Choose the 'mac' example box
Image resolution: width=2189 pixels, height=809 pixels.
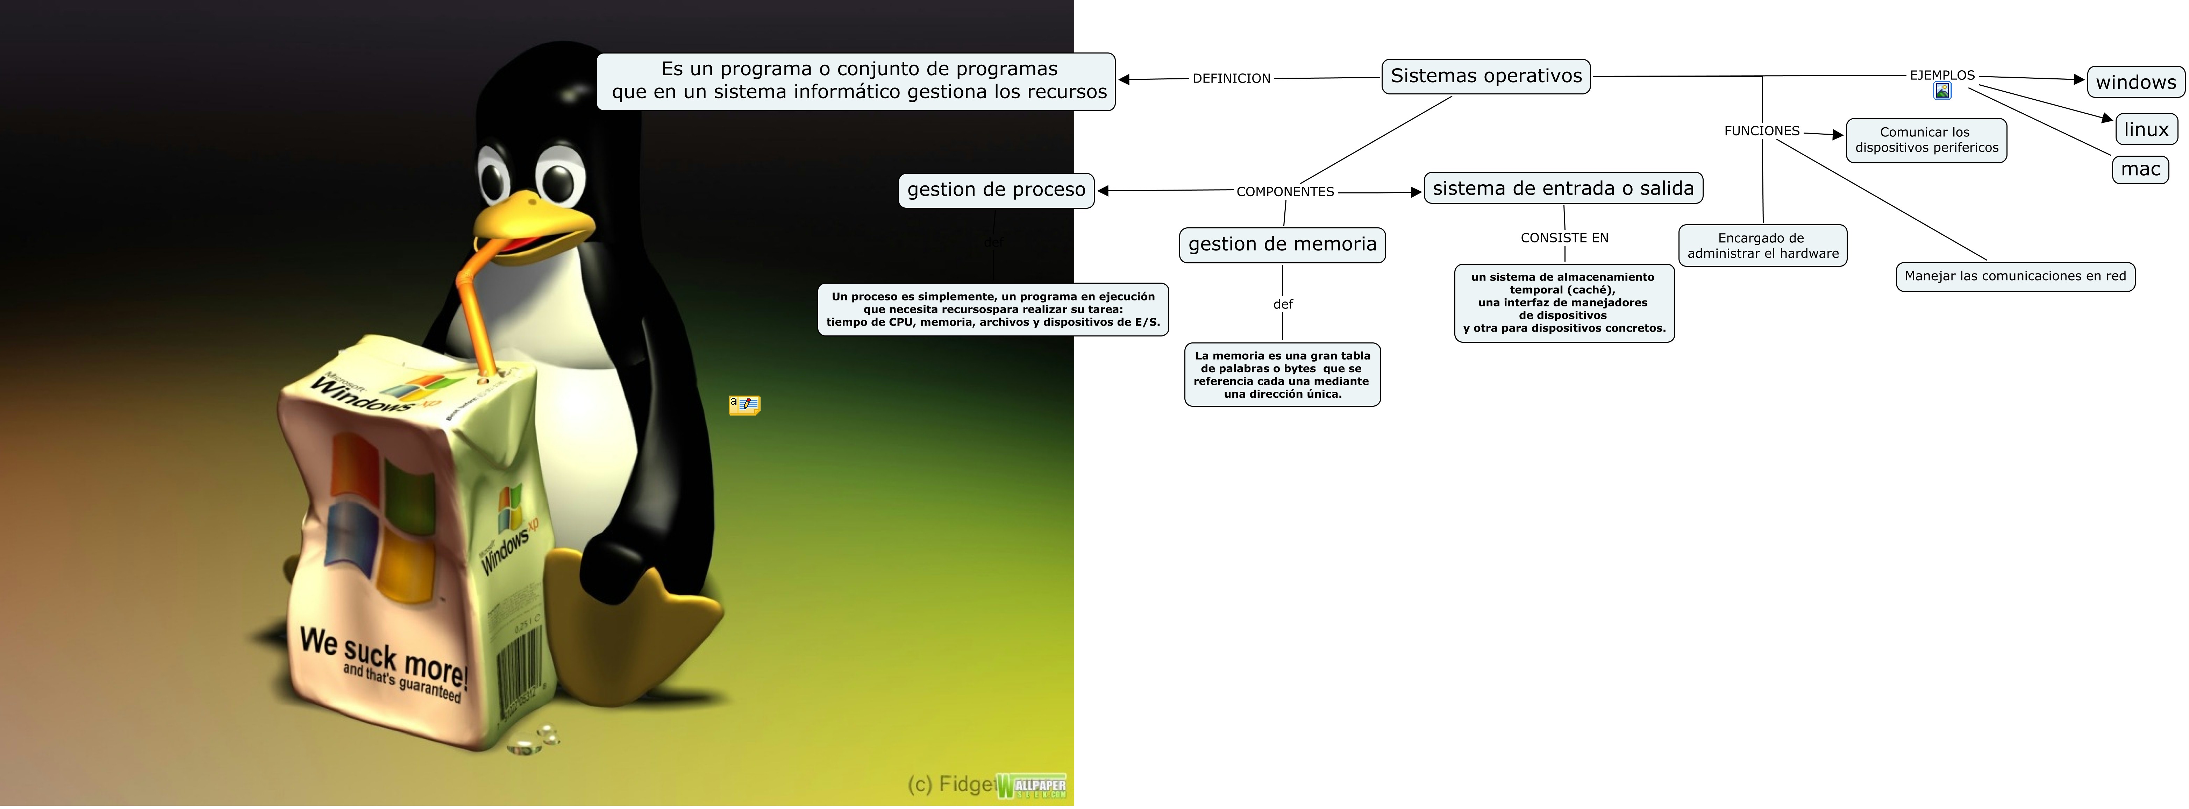coord(2140,169)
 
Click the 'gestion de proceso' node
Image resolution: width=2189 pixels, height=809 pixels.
coord(996,190)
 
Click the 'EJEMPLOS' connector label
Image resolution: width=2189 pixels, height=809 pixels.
coord(1942,75)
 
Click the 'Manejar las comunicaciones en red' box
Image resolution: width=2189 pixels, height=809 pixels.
coord(2015,276)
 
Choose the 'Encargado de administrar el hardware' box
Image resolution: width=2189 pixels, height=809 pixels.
coord(1762,246)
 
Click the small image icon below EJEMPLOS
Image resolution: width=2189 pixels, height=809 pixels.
coord(1942,91)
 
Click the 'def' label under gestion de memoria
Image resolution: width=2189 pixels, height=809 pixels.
coord(1282,304)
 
